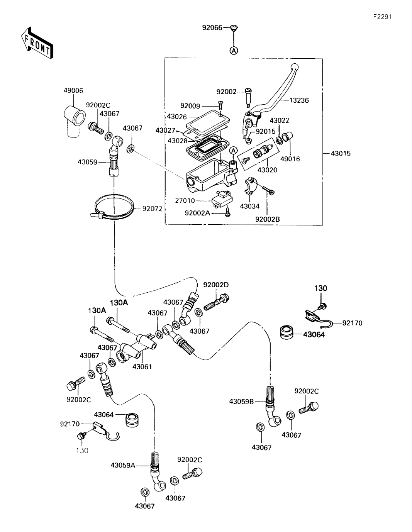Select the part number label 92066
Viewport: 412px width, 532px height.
tap(212, 28)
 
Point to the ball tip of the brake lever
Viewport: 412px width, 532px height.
tap(295, 66)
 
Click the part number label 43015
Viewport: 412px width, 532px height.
tap(341, 153)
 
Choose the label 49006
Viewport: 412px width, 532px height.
tap(73, 90)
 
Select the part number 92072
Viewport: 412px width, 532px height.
tap(152, 208)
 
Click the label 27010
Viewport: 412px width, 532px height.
tap(185, 201)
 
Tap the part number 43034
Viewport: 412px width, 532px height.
tap(249, 207)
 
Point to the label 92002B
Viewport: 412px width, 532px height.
tap(267, 219)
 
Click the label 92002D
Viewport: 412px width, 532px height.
tap(216, 285)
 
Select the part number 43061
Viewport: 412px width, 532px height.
tap(142, 366)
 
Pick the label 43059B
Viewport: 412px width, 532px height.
tap(241, 402)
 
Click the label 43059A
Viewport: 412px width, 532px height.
tap(123, 465)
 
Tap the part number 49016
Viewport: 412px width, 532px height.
tap(290, 159)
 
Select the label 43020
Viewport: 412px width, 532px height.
tap(267, 169)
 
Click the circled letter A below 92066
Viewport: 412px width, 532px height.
tap(234, 50)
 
